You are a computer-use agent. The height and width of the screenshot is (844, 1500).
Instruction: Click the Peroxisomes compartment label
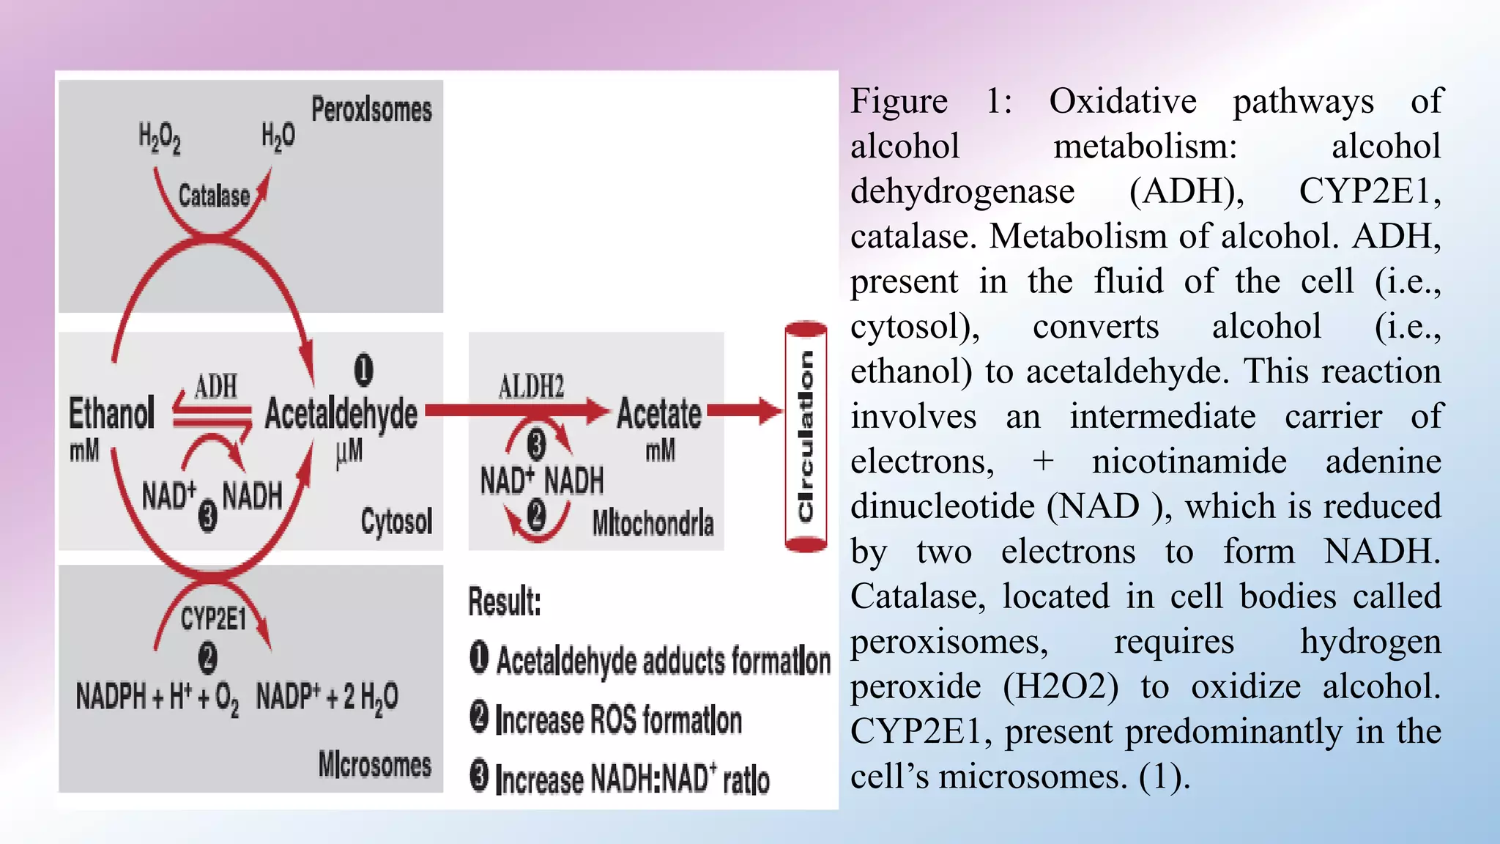click(x=371, y=110)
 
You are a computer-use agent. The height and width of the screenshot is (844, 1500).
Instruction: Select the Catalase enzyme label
click(x=214, y=196)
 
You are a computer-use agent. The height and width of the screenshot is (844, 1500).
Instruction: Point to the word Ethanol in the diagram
click(x=111, y=413)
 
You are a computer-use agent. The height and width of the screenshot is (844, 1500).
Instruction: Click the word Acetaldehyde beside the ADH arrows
click(x=341, y=415)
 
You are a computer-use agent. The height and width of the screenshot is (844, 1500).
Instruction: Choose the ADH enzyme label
click(x=216, y=386)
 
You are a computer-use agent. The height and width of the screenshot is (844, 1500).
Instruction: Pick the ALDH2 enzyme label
click(x=531, y=386)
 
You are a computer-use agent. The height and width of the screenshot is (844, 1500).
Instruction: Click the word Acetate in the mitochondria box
click(x=659, y=414)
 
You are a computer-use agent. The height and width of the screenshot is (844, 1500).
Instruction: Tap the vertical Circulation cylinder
click(x=806, y=437)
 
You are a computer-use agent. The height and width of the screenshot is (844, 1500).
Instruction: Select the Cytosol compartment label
click(x=396, y=521)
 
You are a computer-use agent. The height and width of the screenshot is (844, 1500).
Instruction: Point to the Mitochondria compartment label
click(x=653, y=523)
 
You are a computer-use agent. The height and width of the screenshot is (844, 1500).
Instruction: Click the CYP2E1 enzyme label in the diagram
click(x=213, y=618)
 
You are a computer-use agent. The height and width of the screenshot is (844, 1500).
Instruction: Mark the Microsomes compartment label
click(x=374, y=764)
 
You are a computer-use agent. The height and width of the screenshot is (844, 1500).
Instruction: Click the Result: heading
click(x=505, y=602)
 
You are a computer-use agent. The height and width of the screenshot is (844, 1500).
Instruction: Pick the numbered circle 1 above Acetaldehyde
click(x=364, y=370)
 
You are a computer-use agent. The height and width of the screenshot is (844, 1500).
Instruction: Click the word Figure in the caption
click(x=899, y=101)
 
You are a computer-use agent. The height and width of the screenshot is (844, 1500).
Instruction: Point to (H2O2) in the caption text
click(x=1061, y=687)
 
